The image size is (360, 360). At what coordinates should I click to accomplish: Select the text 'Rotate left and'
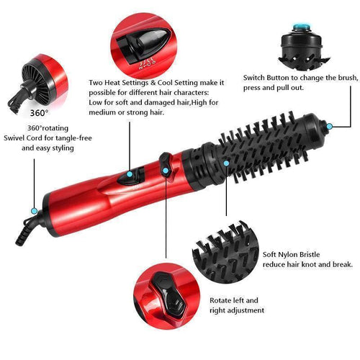[x=233, y=300]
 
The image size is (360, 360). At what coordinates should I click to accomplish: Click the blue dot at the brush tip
[x=329, y=126]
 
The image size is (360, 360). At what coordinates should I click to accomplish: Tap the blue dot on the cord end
[x=34, y=211]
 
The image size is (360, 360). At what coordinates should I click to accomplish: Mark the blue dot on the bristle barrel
[x=227, y=163]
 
